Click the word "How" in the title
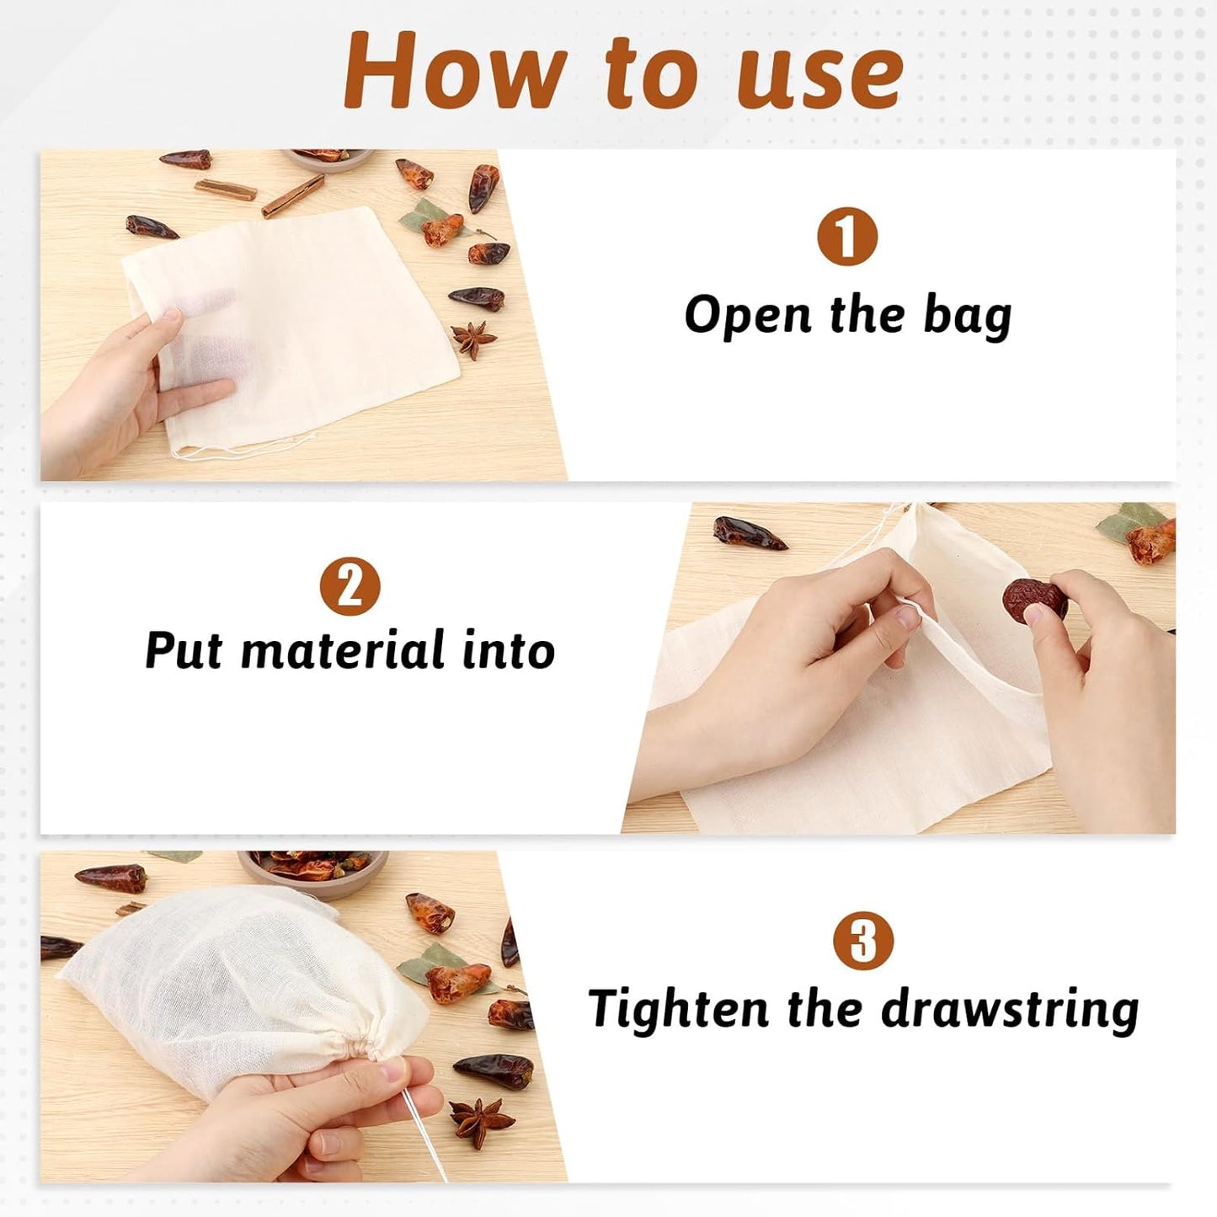pyautogui.click(x=450, y=71)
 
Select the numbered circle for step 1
pyautogui.click(x=847, y=238)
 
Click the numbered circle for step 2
pyautogui.click(x=350, y=586)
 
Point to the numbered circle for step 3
pyautogui.click(x=863, y=941)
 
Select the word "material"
pyautogui.click(x=344, y=649)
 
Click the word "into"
pyautogui.click(x=509, y=650)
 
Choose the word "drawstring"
pyautogui.click(x=1010, y=1009)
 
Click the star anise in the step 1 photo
pyautogui.click(x=473, y=339)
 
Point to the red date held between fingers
pyautogui.click(x=1034, y=600)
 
